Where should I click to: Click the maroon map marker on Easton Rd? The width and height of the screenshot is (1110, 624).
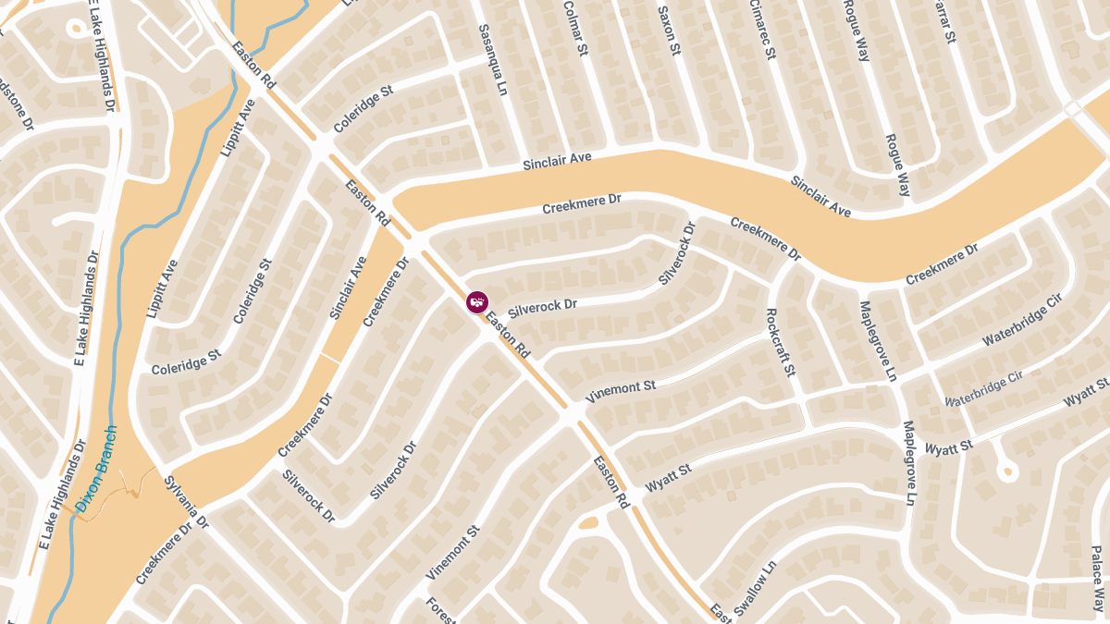pos(476,302)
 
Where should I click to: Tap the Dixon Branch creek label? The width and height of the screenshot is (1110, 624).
pos(97,469)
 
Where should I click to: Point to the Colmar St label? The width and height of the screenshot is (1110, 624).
pos(575,29)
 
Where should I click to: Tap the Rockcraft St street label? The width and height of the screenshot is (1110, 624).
pos(781,342)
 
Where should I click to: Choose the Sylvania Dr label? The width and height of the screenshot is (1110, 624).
pos(187,503)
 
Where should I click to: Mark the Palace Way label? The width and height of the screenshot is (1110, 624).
pos(1097,579)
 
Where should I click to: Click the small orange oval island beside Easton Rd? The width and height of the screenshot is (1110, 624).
pos(588,523)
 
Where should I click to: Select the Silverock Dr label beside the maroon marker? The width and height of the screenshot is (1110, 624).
pos(543,305)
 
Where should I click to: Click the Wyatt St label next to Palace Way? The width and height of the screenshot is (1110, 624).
pos(1087,392)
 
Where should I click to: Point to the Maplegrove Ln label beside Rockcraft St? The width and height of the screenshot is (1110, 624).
pos(877,341)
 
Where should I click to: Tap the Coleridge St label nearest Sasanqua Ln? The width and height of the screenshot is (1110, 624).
pos(364,109)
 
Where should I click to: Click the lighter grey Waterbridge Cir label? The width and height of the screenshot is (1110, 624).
pos(983,389)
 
